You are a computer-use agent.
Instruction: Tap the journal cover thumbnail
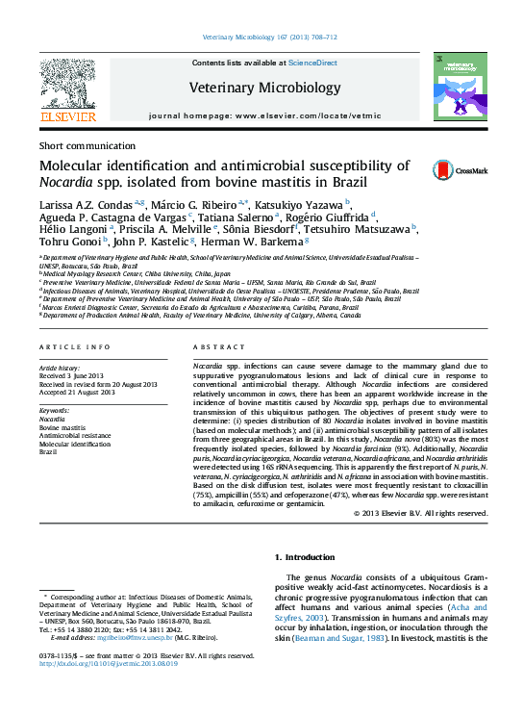pyautogui.click(x=454, y=87)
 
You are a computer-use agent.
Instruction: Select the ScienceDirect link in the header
pyautogui.click(x=313, y=63)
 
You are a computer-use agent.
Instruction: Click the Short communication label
pyautogui.click(x=82, y=144)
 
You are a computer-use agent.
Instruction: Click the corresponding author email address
pyautogui.click(x=134, y=638)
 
